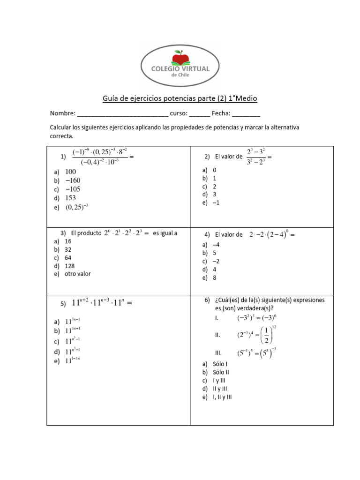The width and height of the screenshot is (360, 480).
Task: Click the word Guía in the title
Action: [110, 98]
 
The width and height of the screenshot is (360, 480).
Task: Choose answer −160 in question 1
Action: [73, 180]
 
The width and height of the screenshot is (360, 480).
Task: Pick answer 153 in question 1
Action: [71, 198]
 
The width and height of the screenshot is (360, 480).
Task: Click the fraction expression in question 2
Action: [256, 156]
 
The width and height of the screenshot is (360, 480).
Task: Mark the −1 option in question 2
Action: [216, 202]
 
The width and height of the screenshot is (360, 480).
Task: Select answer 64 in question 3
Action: [68, 258]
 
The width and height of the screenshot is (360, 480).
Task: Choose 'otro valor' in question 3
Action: [78, 274]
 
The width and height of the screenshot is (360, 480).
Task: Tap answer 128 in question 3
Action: [70, 266]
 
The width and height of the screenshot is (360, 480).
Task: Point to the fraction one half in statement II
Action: [267, 336]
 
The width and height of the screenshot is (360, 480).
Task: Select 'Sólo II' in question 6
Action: [221, 372]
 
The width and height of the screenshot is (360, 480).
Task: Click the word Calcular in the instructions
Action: [61, 127]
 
